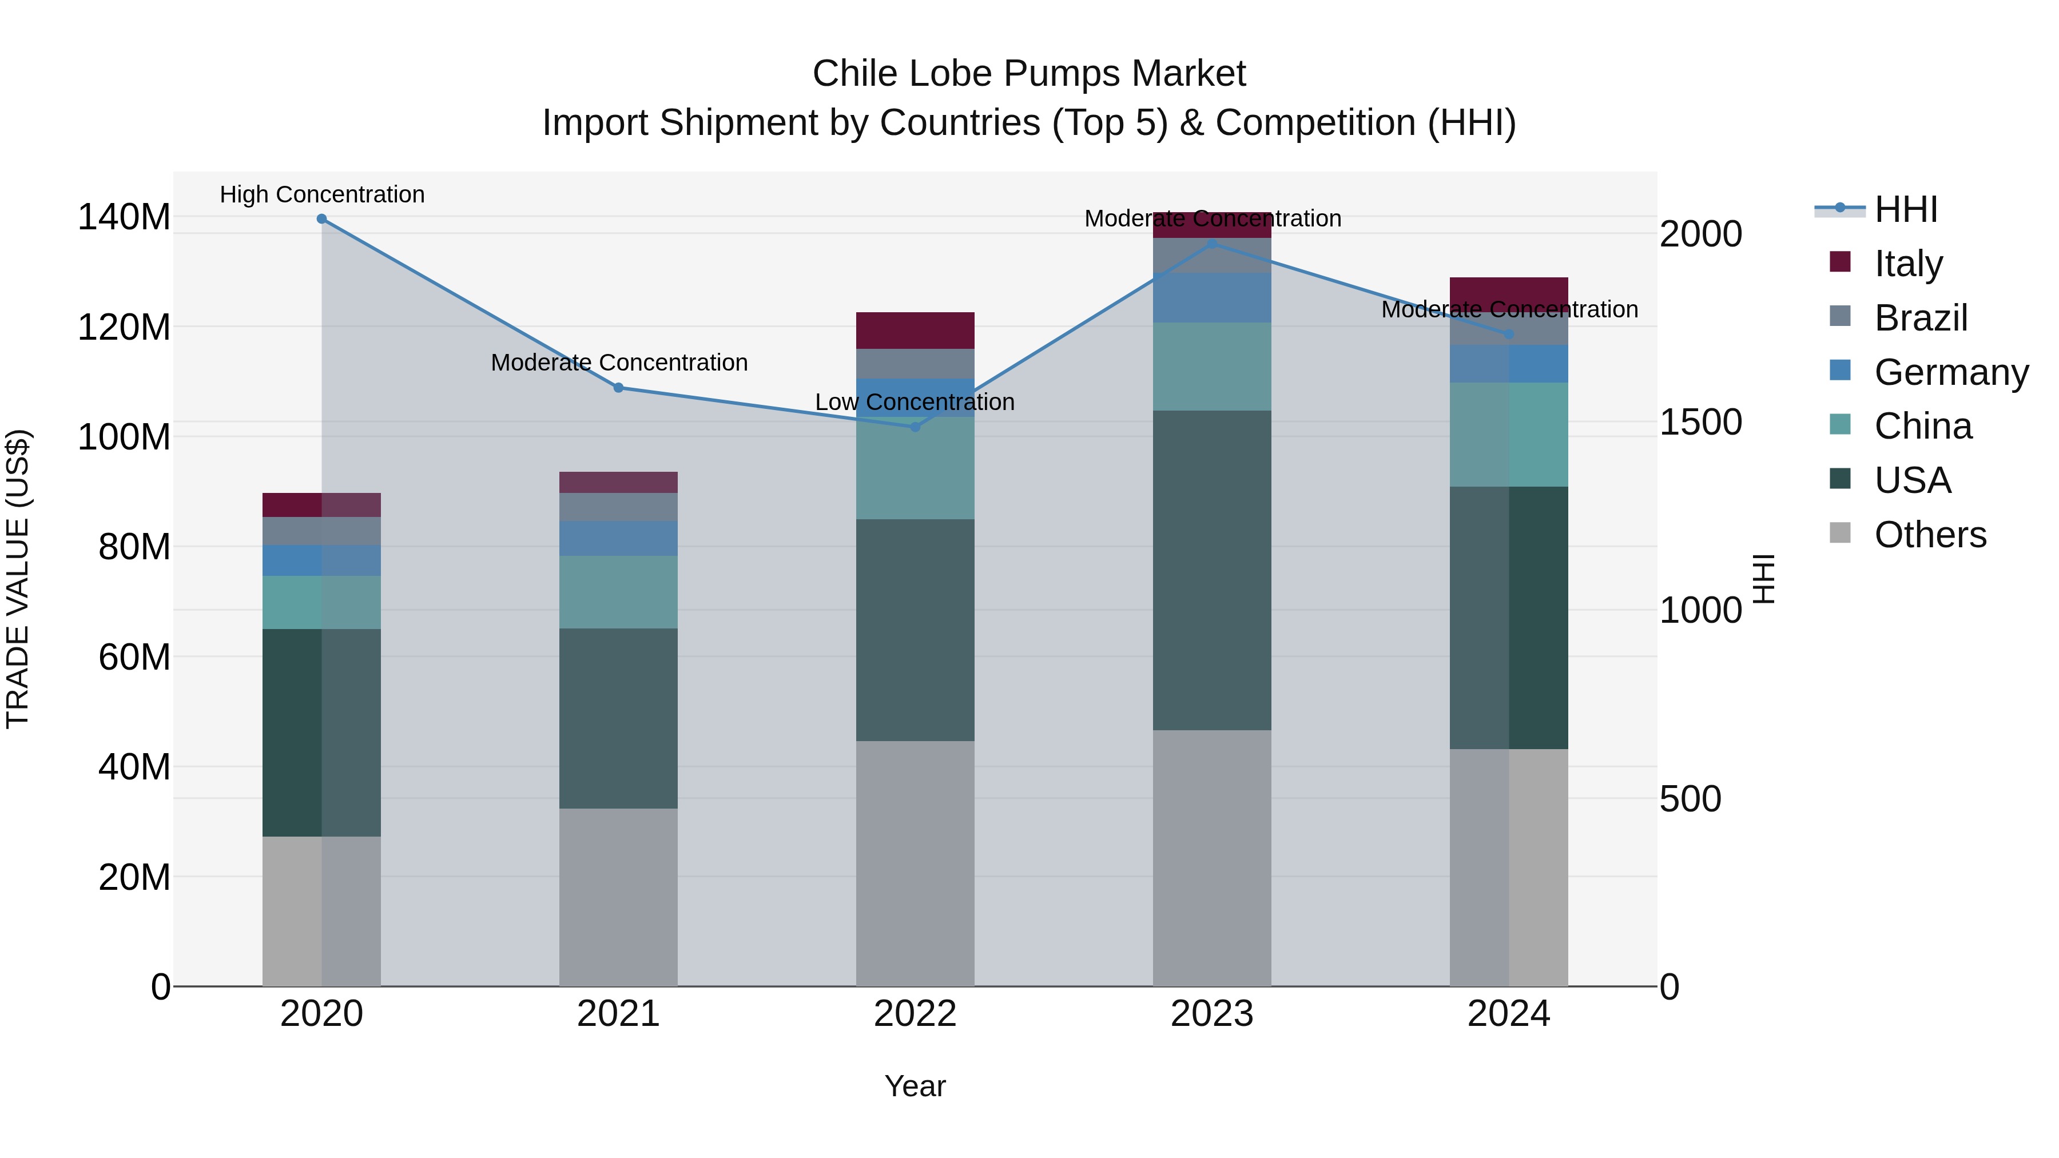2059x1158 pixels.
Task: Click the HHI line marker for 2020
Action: (321, 219)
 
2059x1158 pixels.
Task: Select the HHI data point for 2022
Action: (915, 427)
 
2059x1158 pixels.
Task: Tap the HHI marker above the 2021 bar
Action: (618, 388)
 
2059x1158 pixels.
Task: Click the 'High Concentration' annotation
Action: (322, 194)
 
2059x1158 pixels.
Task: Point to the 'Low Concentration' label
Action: (915, 402)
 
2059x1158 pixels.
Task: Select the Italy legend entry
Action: (1908, 264)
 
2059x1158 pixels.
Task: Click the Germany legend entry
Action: (1950, 372)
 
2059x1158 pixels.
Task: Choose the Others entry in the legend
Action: (1930, 535)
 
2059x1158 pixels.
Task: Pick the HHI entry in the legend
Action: (1906, 209)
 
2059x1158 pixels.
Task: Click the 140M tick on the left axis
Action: (124, 217)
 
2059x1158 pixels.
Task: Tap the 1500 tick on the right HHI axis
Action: (1700, 423)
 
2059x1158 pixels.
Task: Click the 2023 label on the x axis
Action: (1212, 1014)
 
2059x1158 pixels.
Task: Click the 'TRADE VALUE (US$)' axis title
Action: (18, 579)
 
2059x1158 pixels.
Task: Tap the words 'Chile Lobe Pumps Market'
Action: (1029, 74)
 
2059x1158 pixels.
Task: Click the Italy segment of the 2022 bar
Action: (915, 330)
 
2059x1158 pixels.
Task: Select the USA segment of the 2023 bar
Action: (1212, 570)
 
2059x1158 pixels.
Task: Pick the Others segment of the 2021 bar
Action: (618, 897)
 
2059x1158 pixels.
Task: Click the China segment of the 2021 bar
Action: (618, 592)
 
